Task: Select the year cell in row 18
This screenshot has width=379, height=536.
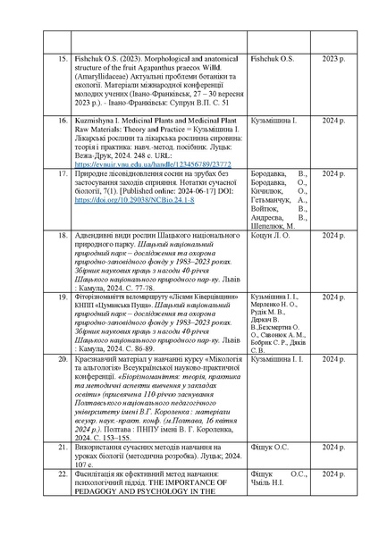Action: [x=334, y=235]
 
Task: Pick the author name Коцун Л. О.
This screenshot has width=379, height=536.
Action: [x=249, y=235]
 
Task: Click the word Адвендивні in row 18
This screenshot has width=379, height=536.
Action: [x=98, y=235]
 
